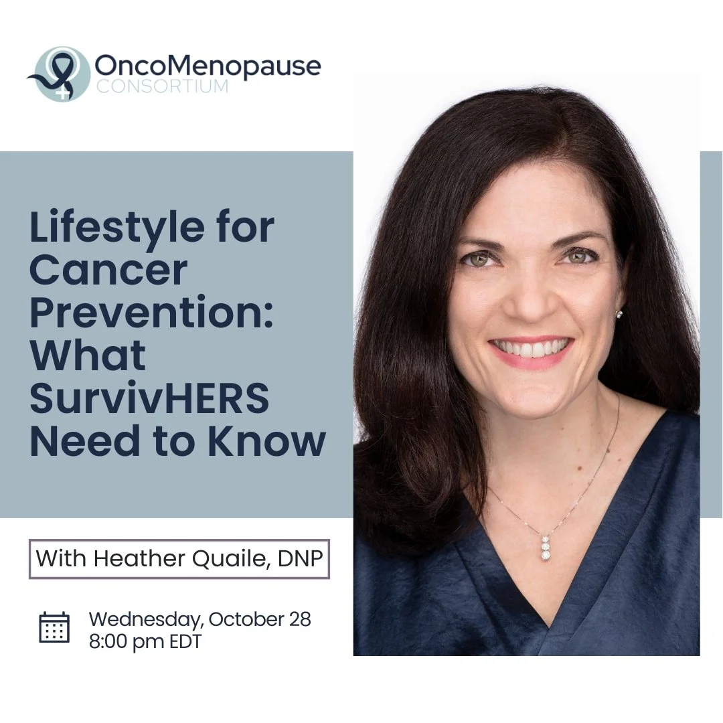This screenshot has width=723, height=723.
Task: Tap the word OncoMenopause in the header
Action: click(208, 66)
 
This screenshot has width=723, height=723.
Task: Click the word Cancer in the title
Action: click(108, 270)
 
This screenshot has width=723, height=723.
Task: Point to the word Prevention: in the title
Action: click(151, 313)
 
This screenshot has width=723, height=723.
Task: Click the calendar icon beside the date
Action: click(54, 628)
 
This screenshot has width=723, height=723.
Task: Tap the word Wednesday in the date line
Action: click(144, 620)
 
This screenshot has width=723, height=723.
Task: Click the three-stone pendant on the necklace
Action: click(546, 547)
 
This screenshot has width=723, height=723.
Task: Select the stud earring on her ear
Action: click(619, 313)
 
